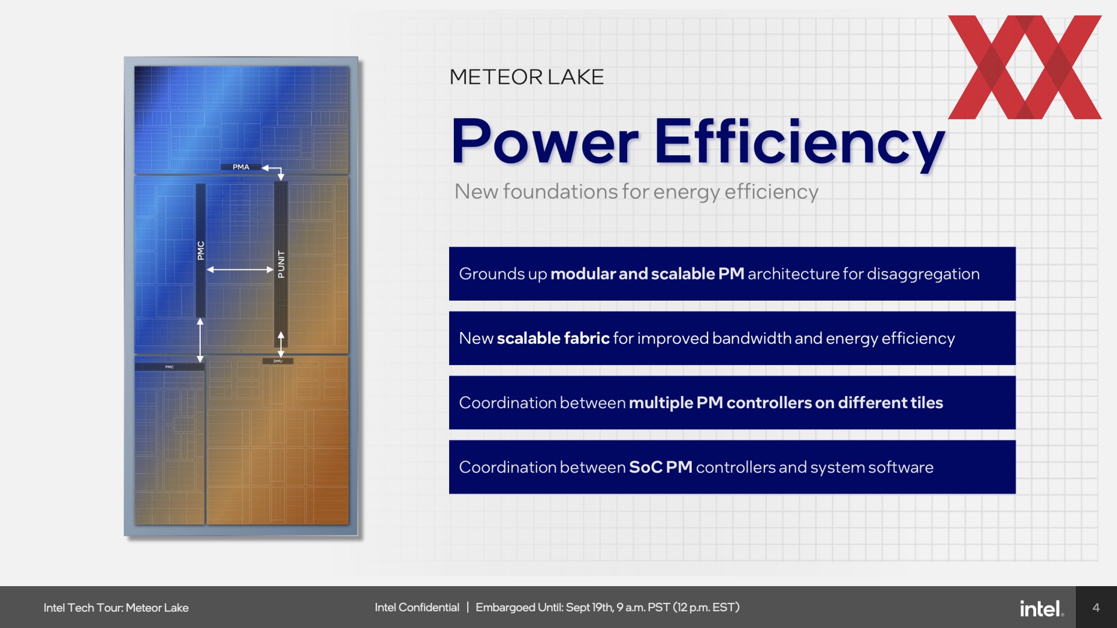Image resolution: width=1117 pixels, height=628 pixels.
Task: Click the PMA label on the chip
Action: click(x=241, y=167)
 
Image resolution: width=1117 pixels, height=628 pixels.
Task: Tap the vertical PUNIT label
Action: click(x=281, y=264)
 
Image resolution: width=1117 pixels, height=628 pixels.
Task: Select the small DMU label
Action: click(x=278, y=361)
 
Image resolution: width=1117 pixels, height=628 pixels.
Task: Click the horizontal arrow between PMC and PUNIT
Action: click(x=240, y=270)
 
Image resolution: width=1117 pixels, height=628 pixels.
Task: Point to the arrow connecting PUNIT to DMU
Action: click(x=281, y=344)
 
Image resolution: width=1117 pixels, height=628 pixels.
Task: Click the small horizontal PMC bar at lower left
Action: click(x=169, y=367)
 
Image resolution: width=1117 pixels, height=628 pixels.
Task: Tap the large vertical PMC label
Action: click(x=201, y=251)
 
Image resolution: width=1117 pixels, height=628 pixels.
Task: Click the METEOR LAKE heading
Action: click(x=527, y=77)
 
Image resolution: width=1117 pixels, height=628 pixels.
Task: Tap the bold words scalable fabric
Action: click(x=553, y=338)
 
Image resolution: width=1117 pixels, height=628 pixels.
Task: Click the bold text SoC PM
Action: click(x=660, y=468)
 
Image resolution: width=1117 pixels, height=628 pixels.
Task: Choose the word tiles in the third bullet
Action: click(x=927, y=403)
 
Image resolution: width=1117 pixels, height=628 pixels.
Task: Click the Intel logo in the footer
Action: click(x=1041, y=608)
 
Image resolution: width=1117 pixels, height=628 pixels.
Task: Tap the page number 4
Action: click(x=1096, y=608)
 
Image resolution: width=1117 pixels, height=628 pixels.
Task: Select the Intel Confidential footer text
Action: click(x=417, y=608)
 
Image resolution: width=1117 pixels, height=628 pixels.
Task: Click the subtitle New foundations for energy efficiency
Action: click(x=636, y=192)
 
